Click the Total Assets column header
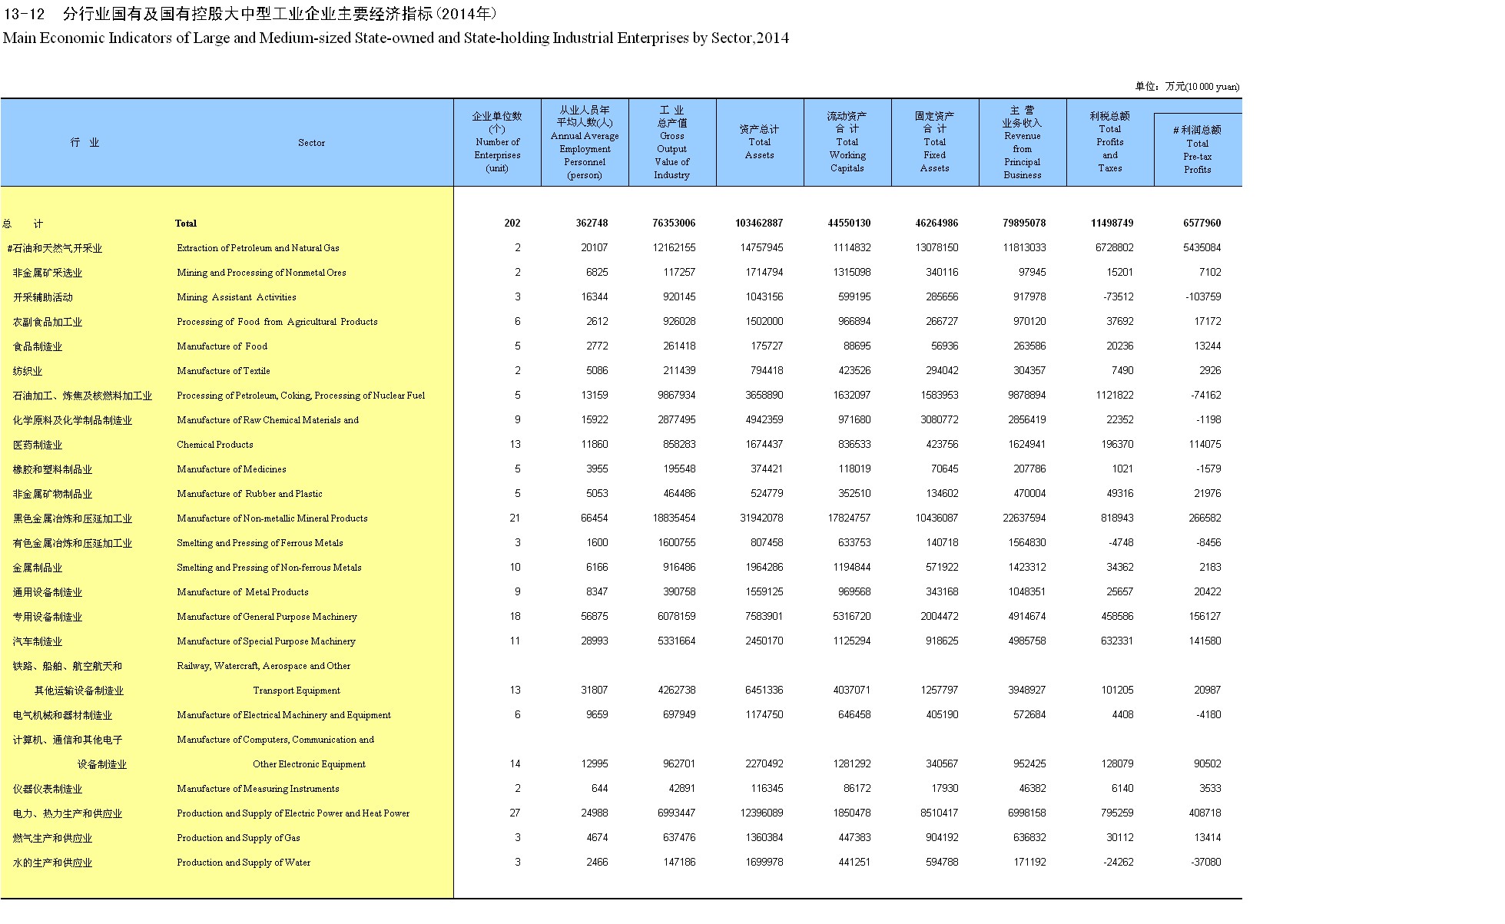759,142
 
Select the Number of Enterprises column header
497,142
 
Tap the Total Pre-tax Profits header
1197,150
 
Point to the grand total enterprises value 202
512,223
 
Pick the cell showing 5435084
1202,247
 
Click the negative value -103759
1202,296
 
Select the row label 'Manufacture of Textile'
223,370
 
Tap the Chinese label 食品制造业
38,346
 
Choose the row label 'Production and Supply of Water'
244,862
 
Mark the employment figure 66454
594,518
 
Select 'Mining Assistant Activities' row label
236,296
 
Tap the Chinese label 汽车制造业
38,641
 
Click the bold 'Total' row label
185,223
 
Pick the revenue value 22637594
1023,518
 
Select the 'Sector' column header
311,142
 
